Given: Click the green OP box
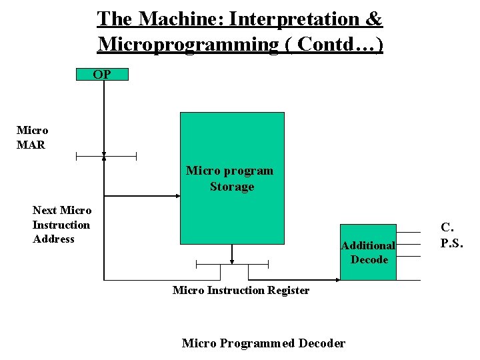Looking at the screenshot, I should (102, 74).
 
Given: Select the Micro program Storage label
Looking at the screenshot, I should (230, 179).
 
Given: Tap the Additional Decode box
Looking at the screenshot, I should (369, 252).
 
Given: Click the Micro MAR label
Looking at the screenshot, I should (32, 137).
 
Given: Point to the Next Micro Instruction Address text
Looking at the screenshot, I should (61, 225).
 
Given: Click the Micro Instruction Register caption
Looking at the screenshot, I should (241, 290).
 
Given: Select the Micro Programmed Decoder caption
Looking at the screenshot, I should (263, 343).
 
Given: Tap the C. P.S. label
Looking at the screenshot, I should (451, 235).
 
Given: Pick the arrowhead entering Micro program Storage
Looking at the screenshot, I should (177, 196).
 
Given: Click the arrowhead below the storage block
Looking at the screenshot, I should (232, 261).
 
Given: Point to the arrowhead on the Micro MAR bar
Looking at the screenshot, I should (104, 157).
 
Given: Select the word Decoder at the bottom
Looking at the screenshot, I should (322, 343).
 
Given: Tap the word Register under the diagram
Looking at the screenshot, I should (287, 290).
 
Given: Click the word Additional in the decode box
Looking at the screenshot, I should (368, 245).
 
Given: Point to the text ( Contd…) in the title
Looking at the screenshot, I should (340, 44).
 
